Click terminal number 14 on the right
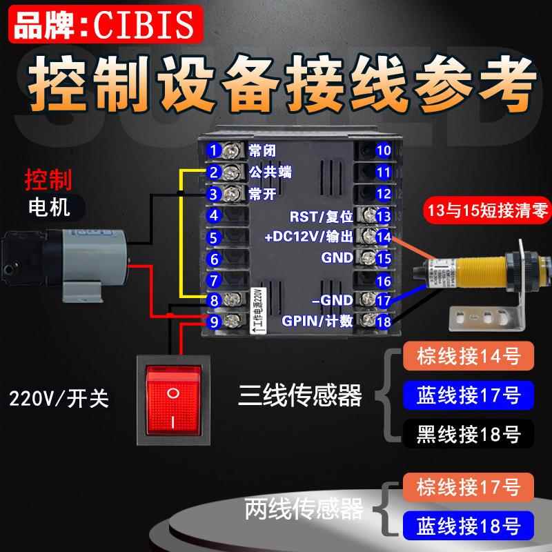pos(384,237)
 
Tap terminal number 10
pos(384,150)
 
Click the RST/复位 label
pos(322,215)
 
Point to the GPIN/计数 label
pos(317,321)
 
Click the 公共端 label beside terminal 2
pos(270,172)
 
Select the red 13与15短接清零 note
pos(488,211)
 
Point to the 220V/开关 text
pos(59,399)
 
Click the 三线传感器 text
pos(300,396)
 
